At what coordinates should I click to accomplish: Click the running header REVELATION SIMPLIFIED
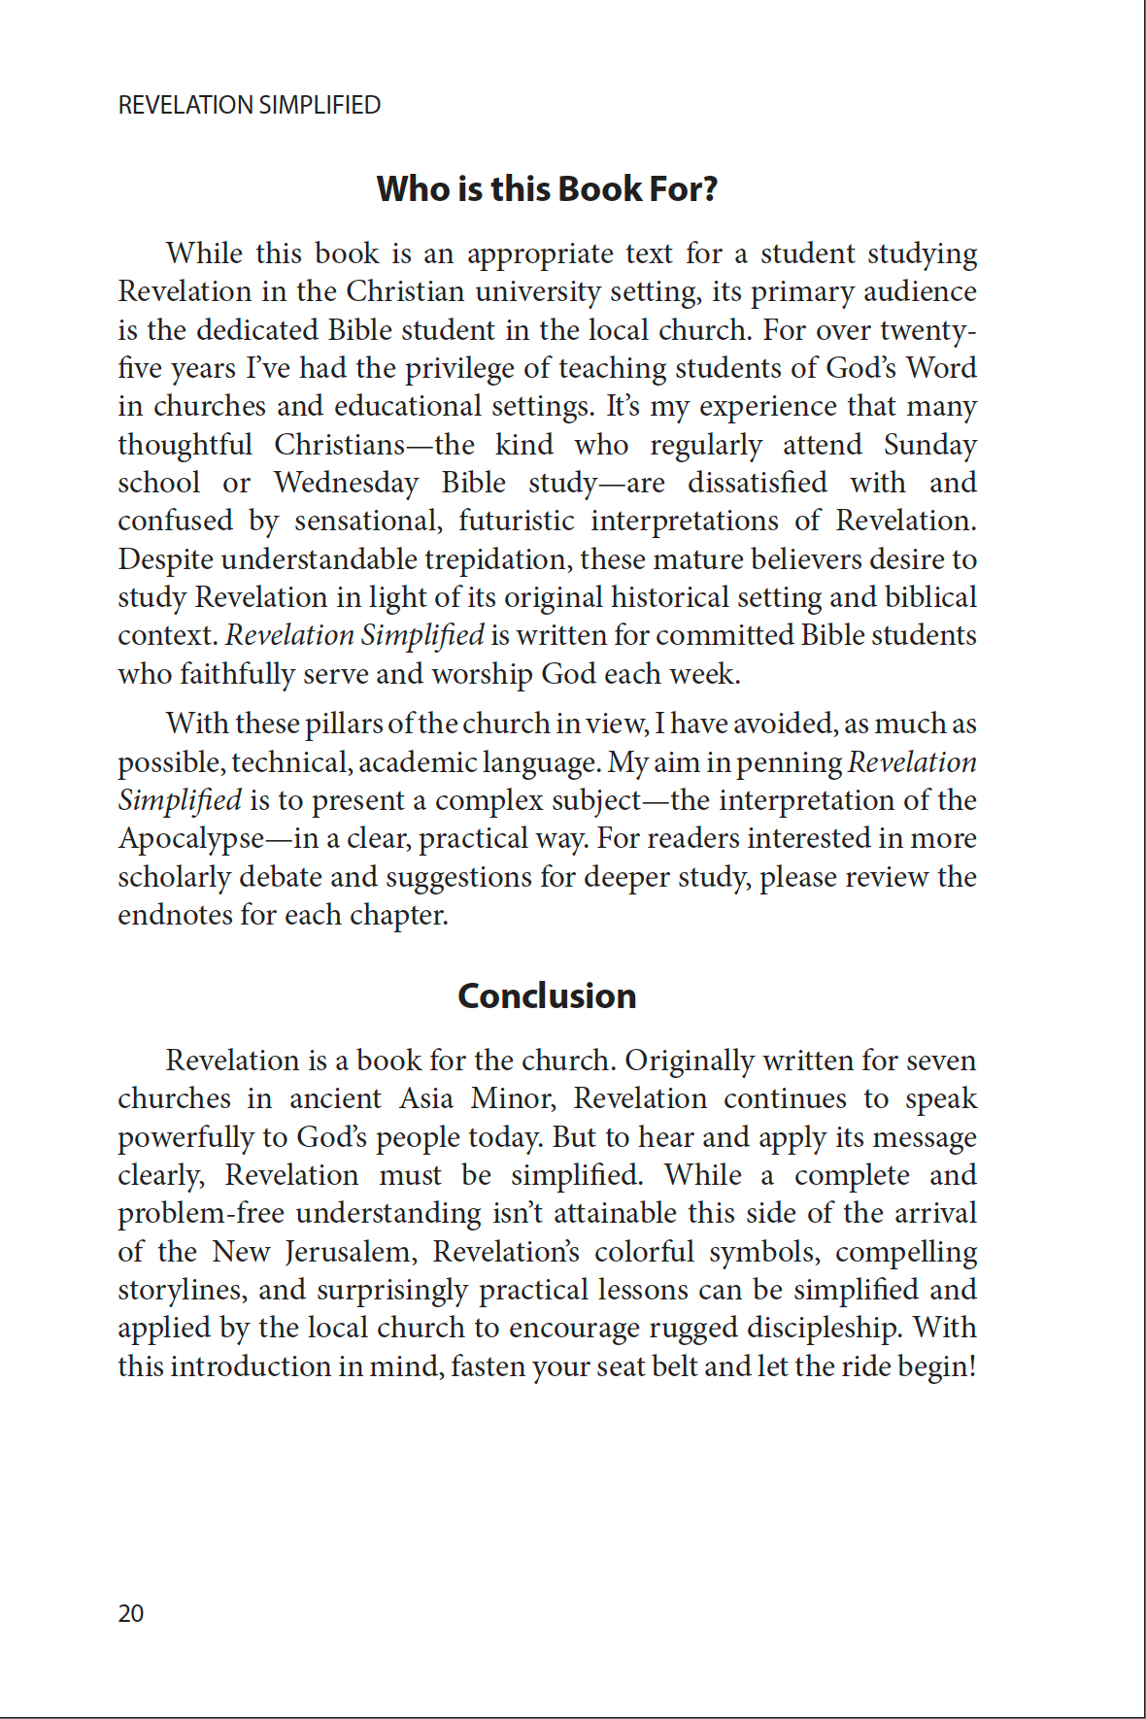[x=249, y=105]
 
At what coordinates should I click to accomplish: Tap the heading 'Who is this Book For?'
[x=547, y=188]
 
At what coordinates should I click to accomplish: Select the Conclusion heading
[x=547, y=995]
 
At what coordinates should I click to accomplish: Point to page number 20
[x=131, y=1613]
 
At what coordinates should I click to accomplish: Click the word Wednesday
[x=346, y=483]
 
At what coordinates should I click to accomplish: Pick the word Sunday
[x=929, y=445]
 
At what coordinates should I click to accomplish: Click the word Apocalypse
[x=191, y=838]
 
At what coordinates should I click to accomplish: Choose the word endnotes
[x=175, y=915]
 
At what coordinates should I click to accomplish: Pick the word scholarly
[x=175, y=877]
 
